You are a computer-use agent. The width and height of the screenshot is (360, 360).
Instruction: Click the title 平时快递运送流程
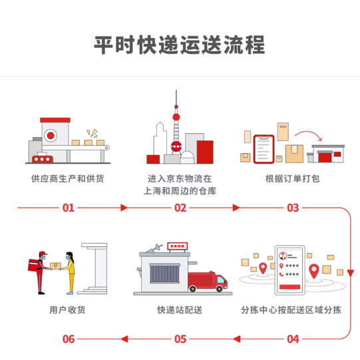click(180, 45)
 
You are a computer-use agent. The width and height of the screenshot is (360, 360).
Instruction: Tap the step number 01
click(69, 208)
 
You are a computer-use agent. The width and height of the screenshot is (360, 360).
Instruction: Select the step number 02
click(180, 208)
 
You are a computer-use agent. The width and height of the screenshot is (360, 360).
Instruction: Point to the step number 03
click(293, 208)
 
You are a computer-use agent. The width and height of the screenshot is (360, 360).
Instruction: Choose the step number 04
click(293, 339)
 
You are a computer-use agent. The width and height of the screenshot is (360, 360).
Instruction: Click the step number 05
click(180, 339)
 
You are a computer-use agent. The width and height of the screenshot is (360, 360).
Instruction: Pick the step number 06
click(69, 339)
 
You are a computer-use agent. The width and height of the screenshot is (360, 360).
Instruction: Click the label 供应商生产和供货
click(68, 178)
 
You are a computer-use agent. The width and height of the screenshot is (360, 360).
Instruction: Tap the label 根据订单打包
click(293, 178)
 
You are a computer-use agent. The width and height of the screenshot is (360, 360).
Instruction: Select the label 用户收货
click(67, 310)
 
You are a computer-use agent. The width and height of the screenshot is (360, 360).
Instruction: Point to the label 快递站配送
click(180, 310)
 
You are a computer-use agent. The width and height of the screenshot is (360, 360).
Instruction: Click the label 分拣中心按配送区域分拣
click(291, 310)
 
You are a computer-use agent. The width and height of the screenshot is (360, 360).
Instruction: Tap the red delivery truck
click(208, 281)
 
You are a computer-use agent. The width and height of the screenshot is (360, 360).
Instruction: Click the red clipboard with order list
click(264, 149)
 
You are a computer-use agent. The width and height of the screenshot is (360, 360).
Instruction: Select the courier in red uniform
click(39, 273)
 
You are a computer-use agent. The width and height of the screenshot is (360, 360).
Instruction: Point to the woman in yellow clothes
click(70, 273)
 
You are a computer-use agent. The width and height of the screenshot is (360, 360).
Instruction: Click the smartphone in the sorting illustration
click(290, 270)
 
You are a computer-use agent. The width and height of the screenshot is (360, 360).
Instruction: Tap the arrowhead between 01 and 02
click(124, 208)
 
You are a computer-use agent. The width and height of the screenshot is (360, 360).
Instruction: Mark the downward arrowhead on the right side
click(351, 273)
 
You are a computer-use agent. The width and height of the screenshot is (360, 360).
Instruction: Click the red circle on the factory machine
click(51, 136)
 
